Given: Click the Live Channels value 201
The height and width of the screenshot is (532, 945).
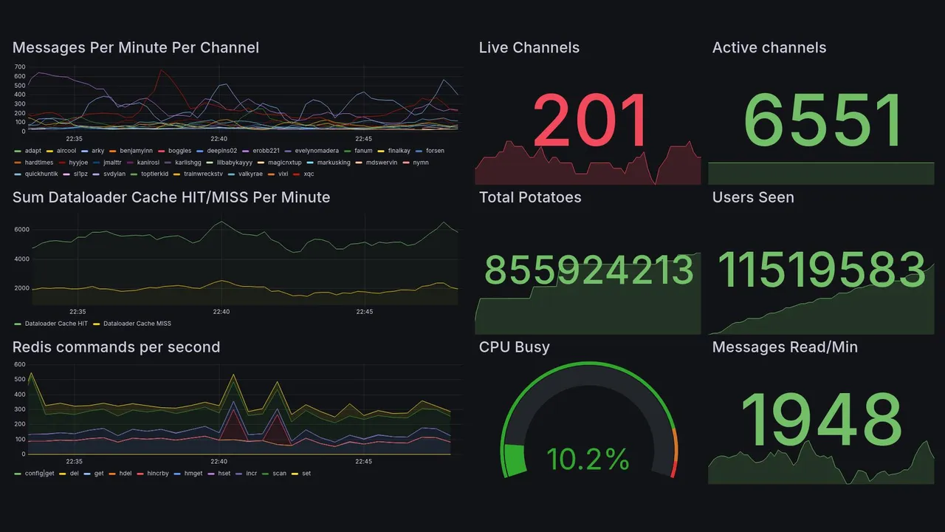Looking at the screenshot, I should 590,120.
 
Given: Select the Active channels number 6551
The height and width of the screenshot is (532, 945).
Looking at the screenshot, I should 823,120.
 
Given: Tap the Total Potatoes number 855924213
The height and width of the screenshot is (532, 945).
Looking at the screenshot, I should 589,270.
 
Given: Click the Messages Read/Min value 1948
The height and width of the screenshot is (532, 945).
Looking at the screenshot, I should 821,420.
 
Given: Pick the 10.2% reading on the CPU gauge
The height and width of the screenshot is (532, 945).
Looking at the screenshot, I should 588,460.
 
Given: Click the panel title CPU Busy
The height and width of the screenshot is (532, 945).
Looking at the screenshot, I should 514,347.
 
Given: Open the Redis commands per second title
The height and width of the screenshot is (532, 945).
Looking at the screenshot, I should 116,347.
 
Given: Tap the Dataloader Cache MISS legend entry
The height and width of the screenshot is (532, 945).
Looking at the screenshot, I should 137,324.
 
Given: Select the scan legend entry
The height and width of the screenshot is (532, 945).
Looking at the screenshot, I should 279,474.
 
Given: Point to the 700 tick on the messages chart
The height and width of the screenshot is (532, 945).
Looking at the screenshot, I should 19,67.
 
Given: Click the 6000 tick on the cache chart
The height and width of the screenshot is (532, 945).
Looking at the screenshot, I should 21,230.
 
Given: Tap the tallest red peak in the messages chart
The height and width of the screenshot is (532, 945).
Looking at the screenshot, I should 162,71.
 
